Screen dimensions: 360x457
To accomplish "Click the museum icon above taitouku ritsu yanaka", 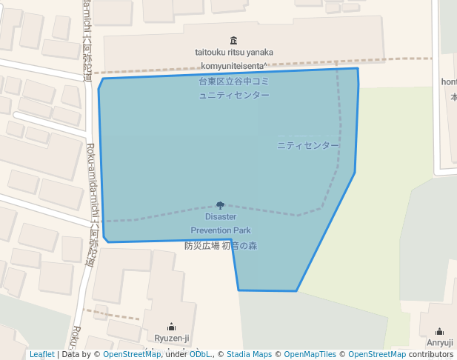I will pos(234,40).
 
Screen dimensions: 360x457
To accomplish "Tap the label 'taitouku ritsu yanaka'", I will pos(234,52).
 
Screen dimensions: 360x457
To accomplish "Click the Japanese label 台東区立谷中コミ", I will pos(233,81).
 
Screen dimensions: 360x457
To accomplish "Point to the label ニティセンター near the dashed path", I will pos(308,145).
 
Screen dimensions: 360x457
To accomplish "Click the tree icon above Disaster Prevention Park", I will pos(221,205).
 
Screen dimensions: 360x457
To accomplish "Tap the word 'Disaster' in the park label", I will pos(221,217).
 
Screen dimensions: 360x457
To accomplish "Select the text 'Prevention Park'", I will pos(221,230).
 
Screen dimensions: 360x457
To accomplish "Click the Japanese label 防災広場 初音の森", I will pos(221,246).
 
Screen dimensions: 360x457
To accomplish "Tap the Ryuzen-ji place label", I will pos(172,339).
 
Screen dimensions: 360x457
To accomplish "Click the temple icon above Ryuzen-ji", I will pos(172,326).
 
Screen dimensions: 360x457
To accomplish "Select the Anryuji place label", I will pos(440,342).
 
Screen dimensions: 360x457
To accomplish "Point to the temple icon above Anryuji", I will pos(440,331).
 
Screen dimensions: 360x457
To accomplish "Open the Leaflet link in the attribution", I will pos(41,355).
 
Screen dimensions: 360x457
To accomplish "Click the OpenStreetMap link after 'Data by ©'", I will pos(131,355).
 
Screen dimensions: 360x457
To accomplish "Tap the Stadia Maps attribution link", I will pos(249,355).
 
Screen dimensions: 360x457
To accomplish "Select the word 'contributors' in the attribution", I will pos(430,355).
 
